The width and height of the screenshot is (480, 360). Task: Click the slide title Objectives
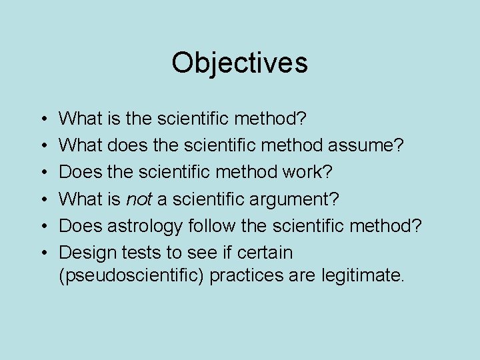239,63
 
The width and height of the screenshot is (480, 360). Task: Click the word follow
210,226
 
